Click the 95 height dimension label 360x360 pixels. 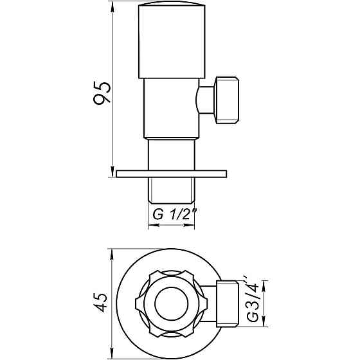[x=102, y=93]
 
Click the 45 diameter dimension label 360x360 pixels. [x=100, y=302]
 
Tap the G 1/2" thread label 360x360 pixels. [x=175, y=215]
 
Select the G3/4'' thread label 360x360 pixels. [x=253, y=301]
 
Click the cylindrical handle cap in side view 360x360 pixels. [x=172, y=41]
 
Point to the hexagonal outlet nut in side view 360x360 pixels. [x=226, y=100]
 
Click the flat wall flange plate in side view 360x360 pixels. [x=172, y=174]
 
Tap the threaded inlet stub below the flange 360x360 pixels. [x=171, y=190]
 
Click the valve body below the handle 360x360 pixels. [x=171, y=109]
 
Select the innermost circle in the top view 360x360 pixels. [x=172, y=303]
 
